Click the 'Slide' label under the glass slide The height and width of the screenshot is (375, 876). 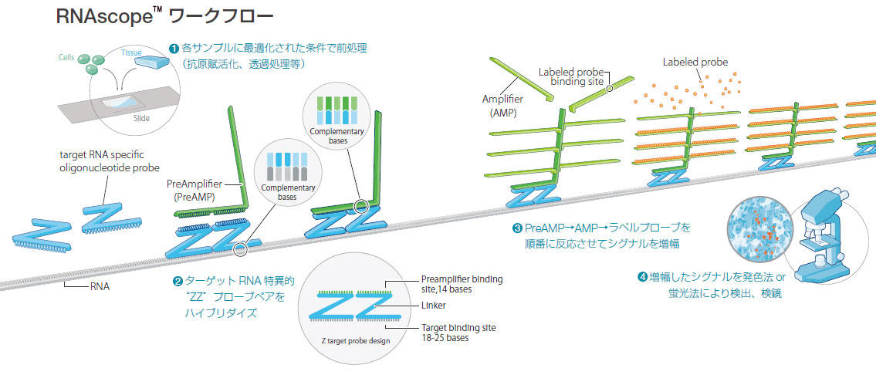coord(140,118)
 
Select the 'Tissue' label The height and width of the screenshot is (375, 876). coord(132,52)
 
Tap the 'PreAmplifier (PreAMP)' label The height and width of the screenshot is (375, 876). coord(194,191)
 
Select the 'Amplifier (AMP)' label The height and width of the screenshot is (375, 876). coord(502,106)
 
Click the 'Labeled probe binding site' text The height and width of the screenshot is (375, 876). coord(573,76)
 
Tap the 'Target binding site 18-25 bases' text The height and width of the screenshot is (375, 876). coord(458,333)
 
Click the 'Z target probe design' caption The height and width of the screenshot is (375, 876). coord(356,340)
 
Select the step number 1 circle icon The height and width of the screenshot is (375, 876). coord(174,48)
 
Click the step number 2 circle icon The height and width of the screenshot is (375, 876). coord(178,281)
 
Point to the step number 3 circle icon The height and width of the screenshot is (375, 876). coord(517,228)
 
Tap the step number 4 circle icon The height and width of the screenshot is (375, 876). coord(641,277)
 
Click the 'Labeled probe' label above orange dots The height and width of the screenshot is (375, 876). coord(695,62)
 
